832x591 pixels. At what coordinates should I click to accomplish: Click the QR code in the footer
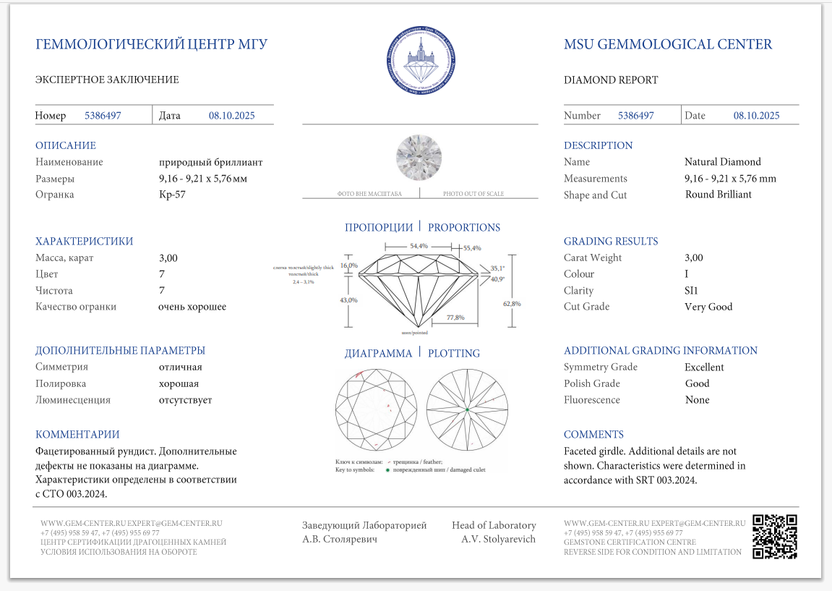[775, 536]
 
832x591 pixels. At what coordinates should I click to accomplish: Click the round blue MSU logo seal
[421, 61]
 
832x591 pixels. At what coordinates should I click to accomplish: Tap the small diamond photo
[419, 158]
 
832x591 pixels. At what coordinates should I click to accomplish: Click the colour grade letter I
[687, 274]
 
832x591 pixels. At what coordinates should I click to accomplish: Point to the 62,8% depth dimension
[512, 304]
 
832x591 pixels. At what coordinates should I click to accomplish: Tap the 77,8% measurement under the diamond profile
[455, 318]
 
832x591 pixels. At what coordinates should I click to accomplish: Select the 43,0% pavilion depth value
[348, 299]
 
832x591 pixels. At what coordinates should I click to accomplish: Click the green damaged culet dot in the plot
[468, 410]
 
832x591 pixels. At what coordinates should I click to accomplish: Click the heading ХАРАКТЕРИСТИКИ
[84, 242]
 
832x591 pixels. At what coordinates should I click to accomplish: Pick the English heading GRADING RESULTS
[611, 242]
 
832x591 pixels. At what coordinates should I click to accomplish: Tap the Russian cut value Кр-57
[172, 195]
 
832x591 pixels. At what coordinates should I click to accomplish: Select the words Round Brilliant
[719, 195]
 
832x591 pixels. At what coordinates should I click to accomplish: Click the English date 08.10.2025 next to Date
[756, 116]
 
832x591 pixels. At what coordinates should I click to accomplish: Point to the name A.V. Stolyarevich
[498, 539]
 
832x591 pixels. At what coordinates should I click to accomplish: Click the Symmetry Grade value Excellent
[704, 367]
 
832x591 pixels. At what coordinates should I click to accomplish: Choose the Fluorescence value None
[697, 400]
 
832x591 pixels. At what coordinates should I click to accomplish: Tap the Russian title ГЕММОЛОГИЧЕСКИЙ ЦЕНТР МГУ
[152, 45]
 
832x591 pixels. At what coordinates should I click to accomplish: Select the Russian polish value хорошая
[179, 384]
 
